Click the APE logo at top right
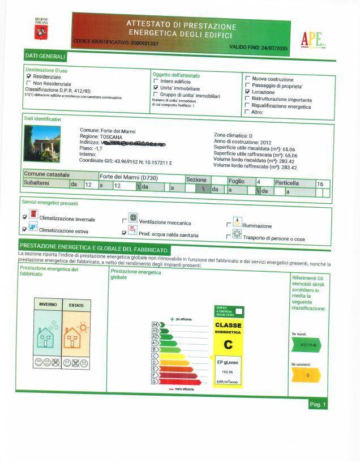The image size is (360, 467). point(312,38)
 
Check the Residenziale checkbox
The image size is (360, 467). point(29,76)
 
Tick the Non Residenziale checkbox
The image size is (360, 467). point(29,83)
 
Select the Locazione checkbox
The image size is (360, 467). point(247,92)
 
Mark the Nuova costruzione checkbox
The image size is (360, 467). point(247,79)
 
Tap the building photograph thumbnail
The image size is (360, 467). point(42,144)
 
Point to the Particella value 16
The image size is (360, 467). point(320,185)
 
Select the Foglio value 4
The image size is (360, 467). point(258,182)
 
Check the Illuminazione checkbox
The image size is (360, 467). point(229,225)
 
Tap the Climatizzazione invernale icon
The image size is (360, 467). point(34,216)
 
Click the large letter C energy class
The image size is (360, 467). point(228,344)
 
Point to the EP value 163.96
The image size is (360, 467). point(228,371)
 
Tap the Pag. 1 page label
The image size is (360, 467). point(317,404)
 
